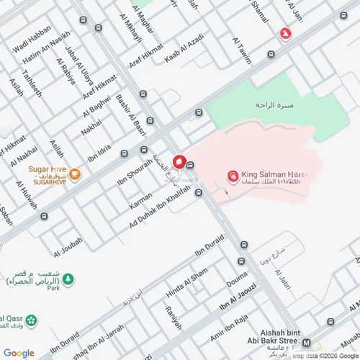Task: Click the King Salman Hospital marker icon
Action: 233,176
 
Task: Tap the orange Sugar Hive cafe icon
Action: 75,173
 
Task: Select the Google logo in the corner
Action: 18,353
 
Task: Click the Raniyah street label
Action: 174,314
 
